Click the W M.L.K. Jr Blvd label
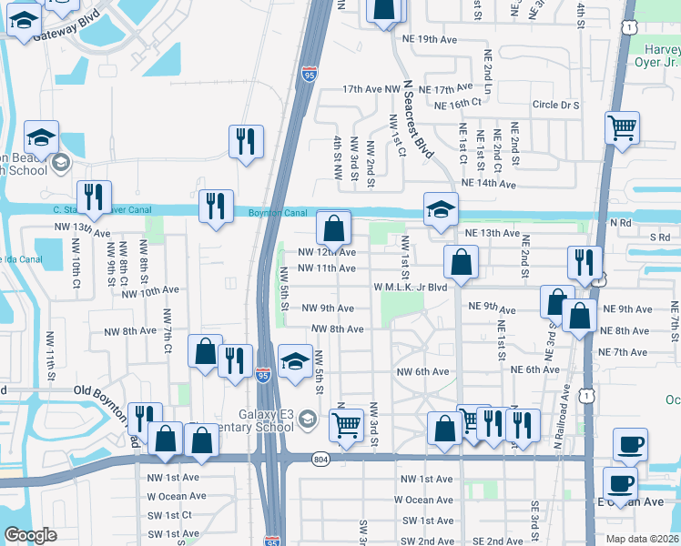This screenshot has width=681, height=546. coord(411,288)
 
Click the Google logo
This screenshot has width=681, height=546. coord(30,535)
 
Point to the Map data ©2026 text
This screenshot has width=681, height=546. coord(643,539)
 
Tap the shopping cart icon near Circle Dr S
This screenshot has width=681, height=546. coord(623,128)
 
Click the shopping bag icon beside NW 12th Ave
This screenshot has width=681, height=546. coord(334,227)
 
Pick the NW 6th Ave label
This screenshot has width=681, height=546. coord(422,371)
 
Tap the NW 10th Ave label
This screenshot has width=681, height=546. coord(149,291)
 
